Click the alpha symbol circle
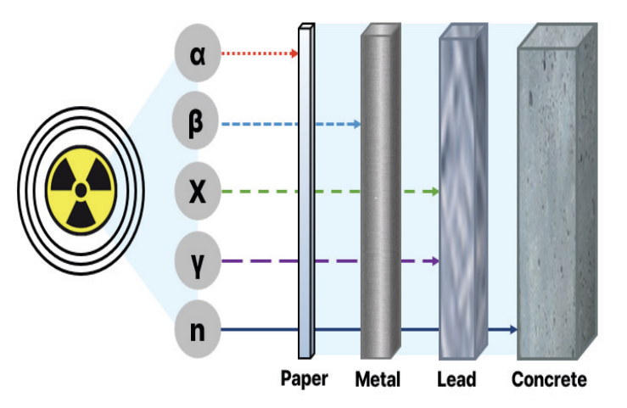tap(198, 54)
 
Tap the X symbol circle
tap(198, 193)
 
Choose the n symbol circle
tap(198, 329)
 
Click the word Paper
tap(304, 377)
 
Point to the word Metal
tap(378, 378)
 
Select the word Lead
tap(457, 378)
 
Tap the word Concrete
tap(549, 378)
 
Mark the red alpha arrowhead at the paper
tap(295, 54)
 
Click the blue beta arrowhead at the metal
tap(357, 124)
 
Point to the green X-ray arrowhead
tap(435, 193)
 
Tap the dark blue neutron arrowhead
tap(513, 329)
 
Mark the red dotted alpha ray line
tap(255, 54)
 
